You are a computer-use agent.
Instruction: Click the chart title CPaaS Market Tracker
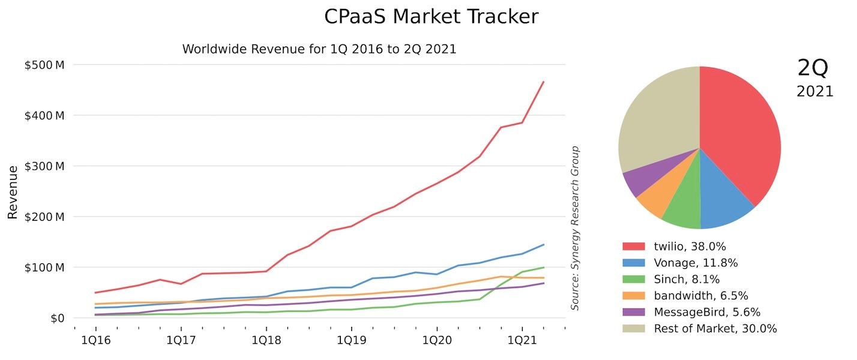pos(431,17)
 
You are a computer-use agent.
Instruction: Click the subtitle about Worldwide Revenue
pos(319,49)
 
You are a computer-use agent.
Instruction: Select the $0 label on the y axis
pos(56,318)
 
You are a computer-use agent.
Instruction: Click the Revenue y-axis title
pos(13,191)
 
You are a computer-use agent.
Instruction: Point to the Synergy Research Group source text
pos(574,228)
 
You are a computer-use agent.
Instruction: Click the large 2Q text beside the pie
pos(813,68)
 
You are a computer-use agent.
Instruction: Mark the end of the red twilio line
pos(544,82)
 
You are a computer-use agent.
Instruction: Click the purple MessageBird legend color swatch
pos(633,312)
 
